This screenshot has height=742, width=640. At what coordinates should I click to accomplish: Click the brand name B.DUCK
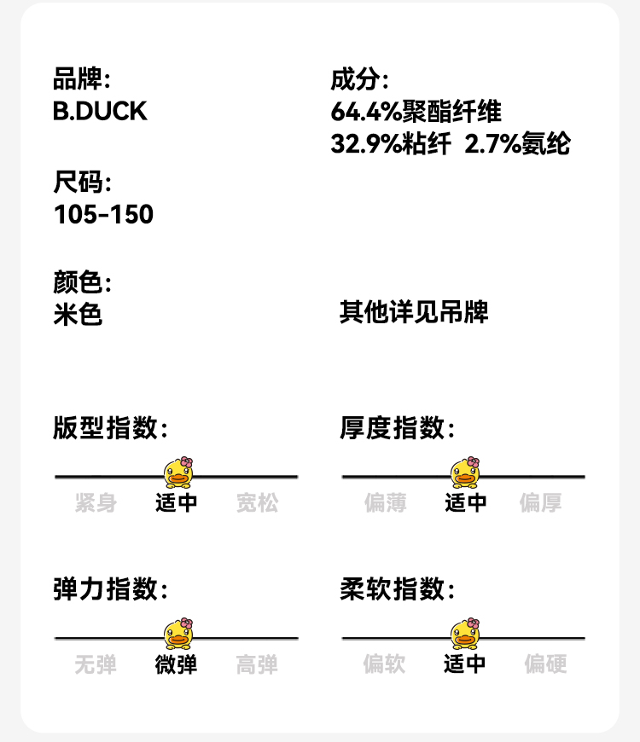(100, 112)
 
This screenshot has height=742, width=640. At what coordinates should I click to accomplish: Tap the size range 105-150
(103, 214)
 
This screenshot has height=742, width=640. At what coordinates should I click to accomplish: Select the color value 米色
(78, 315)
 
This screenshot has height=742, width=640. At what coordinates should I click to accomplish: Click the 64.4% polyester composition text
(416, 112)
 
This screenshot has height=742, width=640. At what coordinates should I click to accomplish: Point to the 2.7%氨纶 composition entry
(517, 144)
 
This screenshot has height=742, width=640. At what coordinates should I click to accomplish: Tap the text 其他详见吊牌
(414, 312)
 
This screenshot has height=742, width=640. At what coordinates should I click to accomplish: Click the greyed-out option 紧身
(96, 503)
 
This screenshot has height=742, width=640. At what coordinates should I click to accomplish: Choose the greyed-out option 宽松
(257, 503)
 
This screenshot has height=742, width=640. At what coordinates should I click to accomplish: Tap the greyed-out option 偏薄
(385, 503)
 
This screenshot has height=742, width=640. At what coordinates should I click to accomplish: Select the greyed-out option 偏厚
(541, 503)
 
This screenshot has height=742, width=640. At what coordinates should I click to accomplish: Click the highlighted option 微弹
(176, 664)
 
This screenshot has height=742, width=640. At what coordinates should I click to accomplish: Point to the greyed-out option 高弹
(257, 664)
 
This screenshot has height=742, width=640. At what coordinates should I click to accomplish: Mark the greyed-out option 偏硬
(545, 664)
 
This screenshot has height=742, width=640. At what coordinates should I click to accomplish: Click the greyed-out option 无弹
(96, 664)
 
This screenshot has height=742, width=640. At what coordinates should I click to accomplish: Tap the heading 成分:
(359, 81)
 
